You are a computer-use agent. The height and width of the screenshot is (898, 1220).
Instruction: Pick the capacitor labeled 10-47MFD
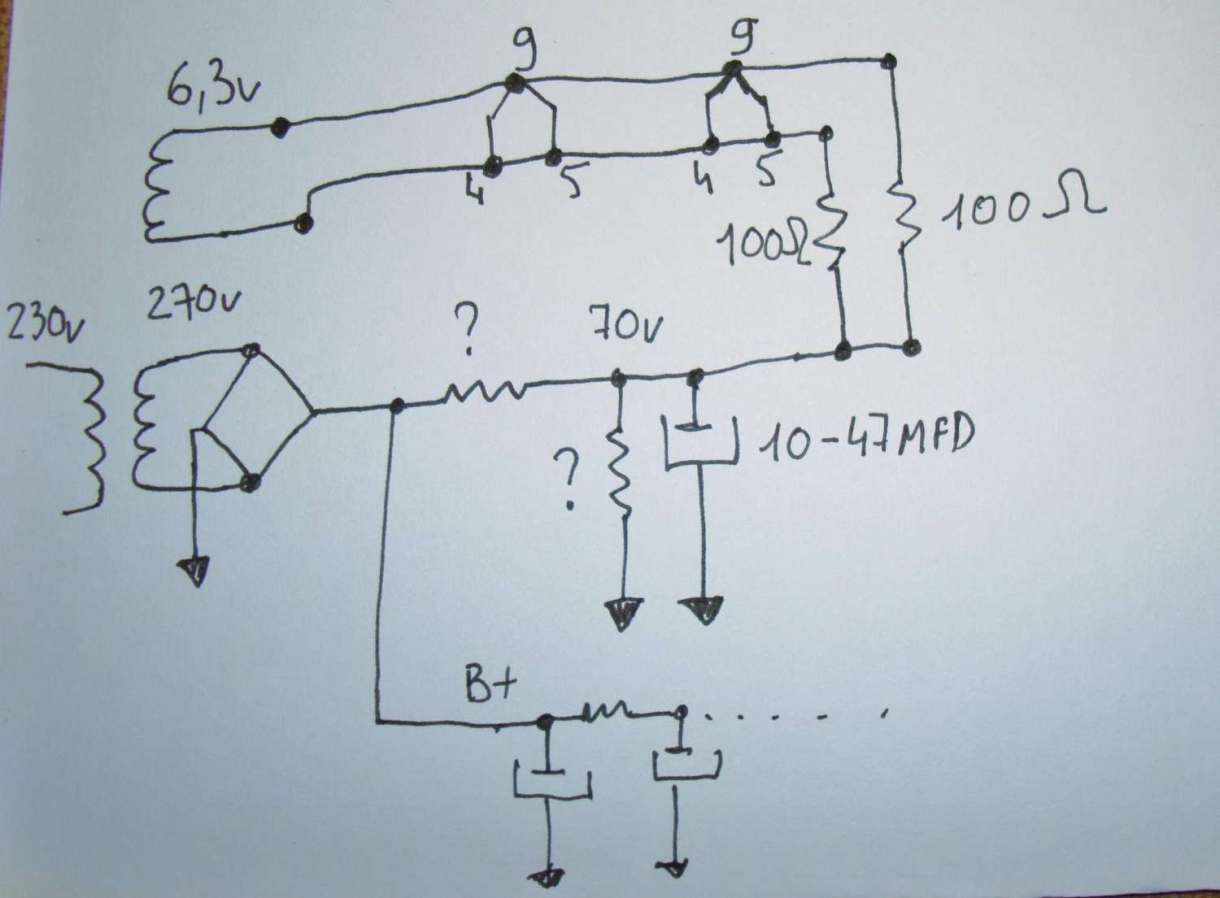pyautogui.click(x=699, y=443)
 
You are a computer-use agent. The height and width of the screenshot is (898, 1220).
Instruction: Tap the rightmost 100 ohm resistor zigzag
pyautogui.click(x=904, y=211)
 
